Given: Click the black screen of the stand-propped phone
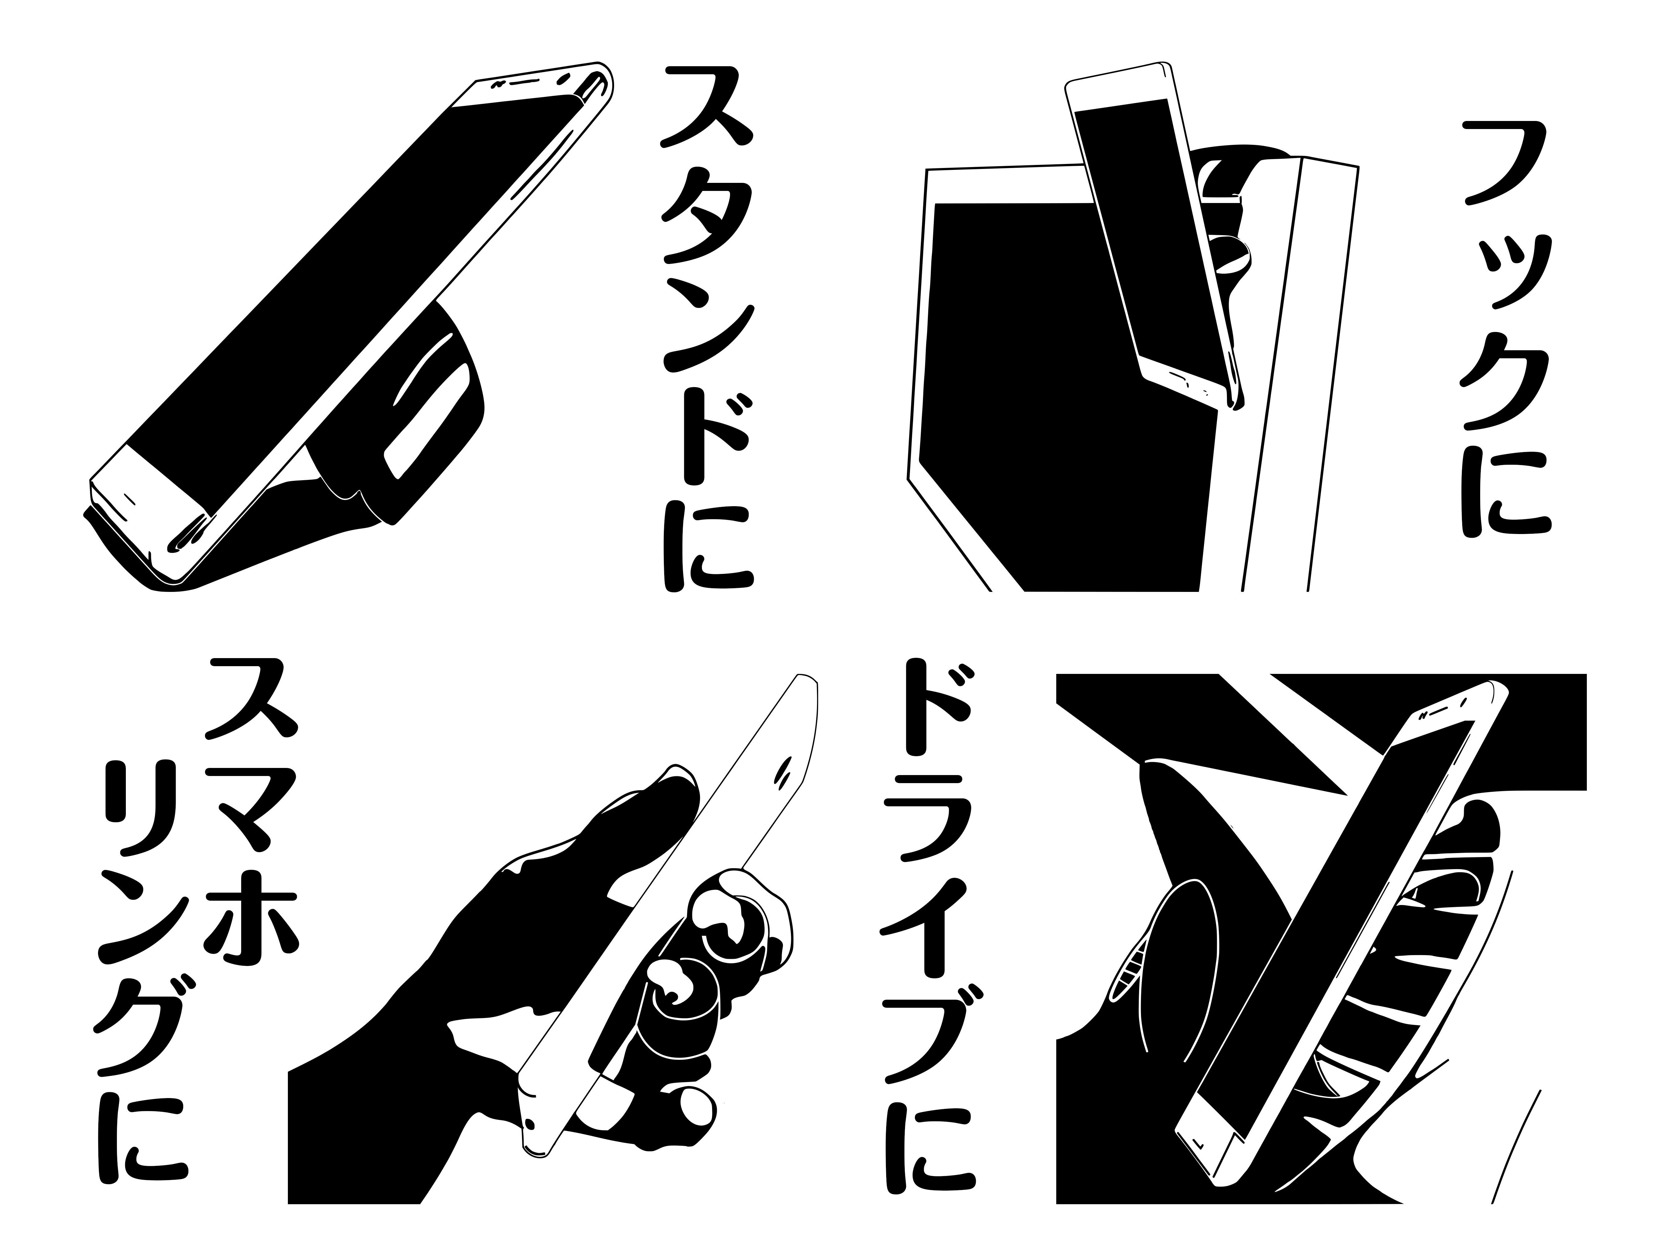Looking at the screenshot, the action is [x=354, y=294].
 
